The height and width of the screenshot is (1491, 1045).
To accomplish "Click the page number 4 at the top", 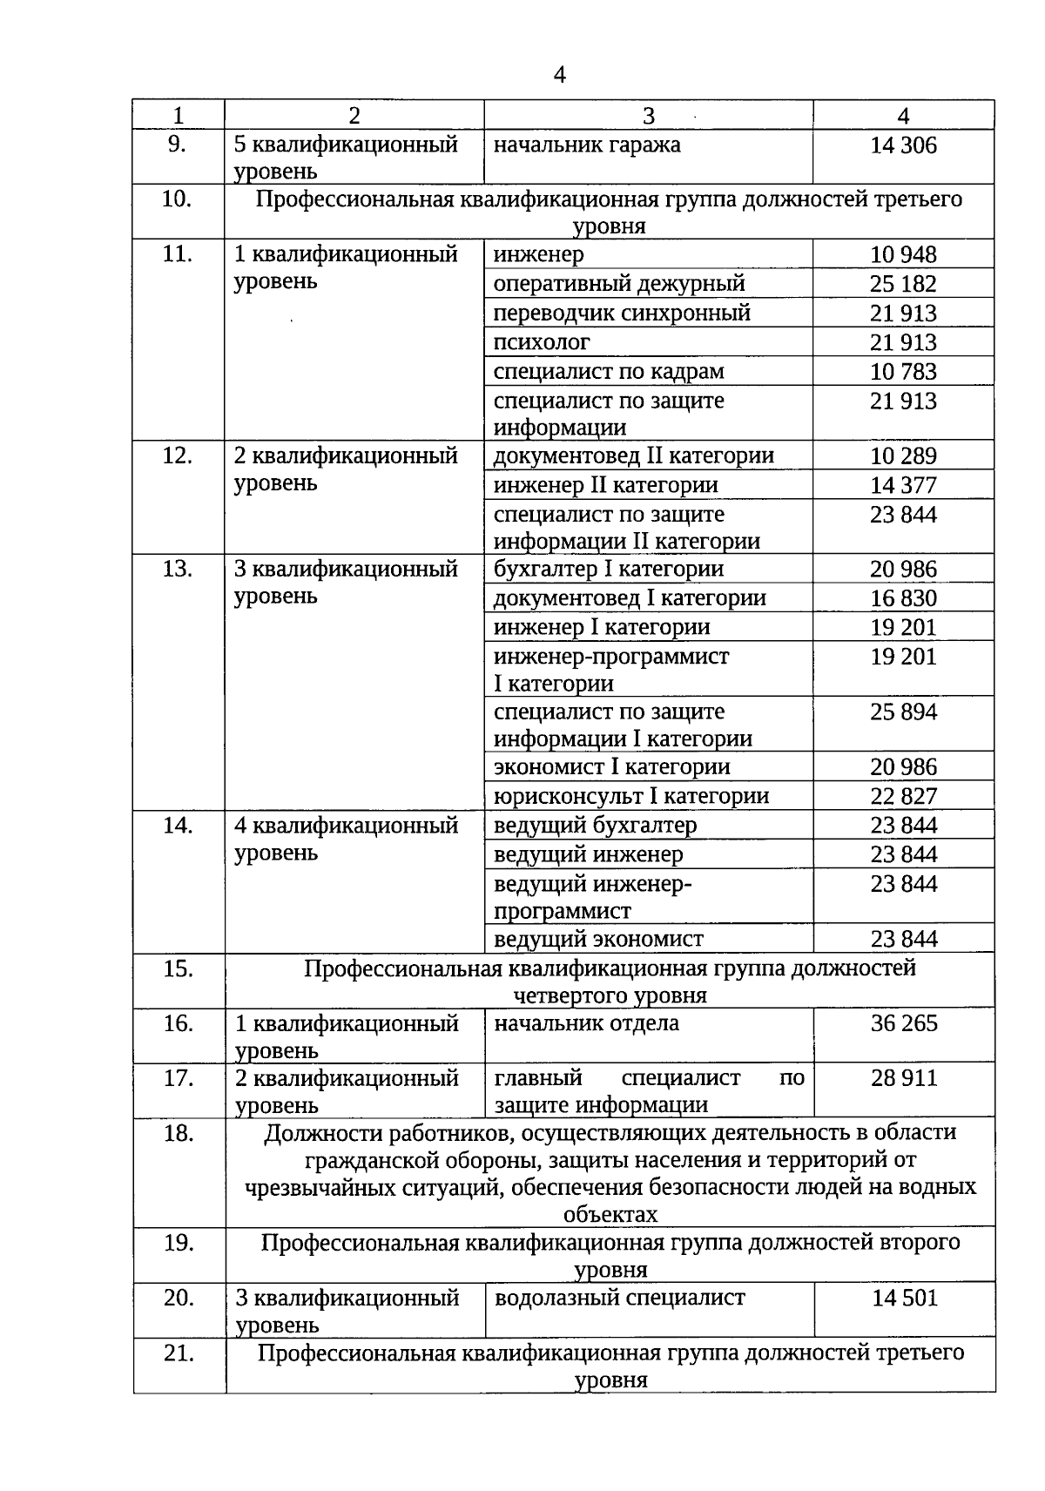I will (x=559, y=76).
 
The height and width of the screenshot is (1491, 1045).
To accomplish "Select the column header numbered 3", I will (x=648, y=116).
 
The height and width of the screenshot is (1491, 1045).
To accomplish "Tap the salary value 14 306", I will (x=903, y=145).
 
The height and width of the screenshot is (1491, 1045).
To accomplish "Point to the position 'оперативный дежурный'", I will (x=619, y=284).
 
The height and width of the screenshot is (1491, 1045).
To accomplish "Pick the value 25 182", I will (x=903, y=284).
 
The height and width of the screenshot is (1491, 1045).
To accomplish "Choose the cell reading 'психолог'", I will (x=542, y=342).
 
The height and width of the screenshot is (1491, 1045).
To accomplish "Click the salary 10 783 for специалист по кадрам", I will (x=903, y=372).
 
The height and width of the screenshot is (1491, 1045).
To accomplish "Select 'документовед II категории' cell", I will (x=633, y=456).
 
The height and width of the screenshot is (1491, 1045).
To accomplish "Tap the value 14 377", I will (x=903, y=485).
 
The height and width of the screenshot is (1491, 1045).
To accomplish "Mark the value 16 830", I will (x=903, y=598).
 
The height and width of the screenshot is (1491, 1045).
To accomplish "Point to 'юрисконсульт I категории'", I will (x=631, y=796).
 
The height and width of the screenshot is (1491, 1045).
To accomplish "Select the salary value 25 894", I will (x=903, y=712).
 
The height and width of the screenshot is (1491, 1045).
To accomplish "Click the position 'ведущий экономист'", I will (x=598, y=939).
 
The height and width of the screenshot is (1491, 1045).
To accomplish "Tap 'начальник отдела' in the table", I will (x=586, y=1023).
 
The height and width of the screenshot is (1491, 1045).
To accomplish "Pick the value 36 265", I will (x=903, y=1023).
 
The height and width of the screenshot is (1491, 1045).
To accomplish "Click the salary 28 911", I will (x=903, y=1078).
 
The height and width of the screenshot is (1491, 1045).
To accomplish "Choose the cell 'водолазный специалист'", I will (x=619, y=1298).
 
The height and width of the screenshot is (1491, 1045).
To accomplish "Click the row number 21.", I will (x=178, y=1353).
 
